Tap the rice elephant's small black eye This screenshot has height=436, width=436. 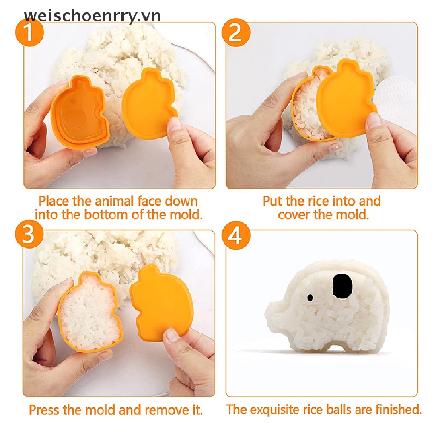[310, 297]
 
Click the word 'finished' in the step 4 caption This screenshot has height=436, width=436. [396, 410]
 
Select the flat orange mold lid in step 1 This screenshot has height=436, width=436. [149, 102]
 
